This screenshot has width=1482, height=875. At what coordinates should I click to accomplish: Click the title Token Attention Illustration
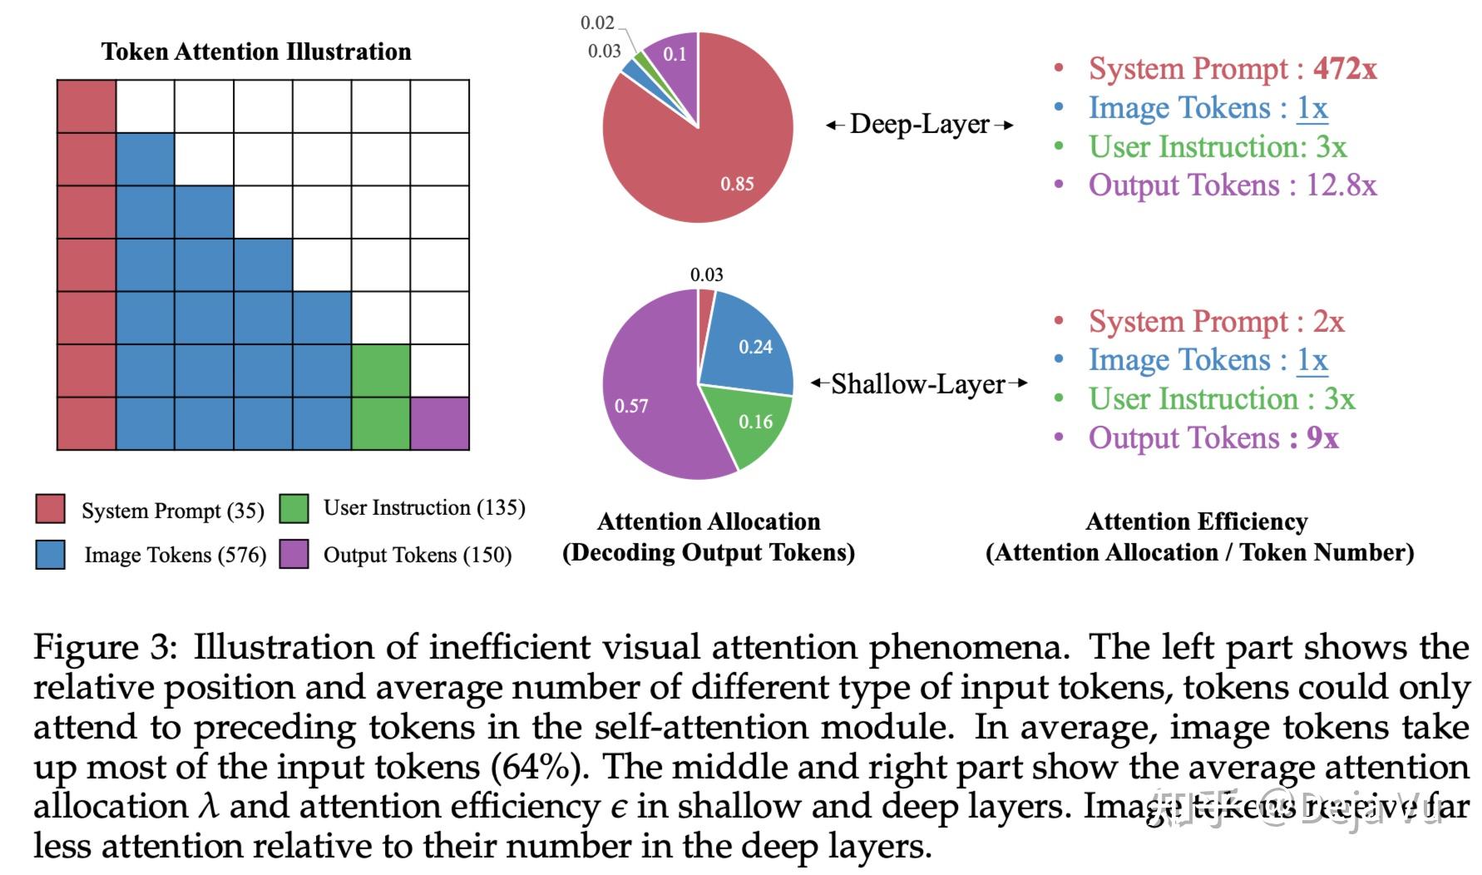256,52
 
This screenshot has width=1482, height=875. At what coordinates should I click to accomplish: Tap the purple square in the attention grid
440,423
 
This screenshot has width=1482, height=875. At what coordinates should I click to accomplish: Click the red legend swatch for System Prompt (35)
50,508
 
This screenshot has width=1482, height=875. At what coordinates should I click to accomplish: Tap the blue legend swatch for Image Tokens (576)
50,554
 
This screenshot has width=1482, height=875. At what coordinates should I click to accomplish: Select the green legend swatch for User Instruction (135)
294,508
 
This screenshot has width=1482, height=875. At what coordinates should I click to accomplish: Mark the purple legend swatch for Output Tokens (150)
294,554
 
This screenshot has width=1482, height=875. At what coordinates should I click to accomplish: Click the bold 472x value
1345,69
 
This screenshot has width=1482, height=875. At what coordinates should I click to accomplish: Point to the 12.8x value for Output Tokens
1341,185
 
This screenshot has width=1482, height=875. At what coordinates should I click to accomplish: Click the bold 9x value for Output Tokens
1322,438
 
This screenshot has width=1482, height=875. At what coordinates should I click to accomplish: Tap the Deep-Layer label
919,125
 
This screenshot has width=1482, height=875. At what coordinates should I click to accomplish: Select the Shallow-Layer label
918,384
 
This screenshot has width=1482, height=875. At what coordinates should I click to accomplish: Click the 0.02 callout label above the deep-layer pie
597,22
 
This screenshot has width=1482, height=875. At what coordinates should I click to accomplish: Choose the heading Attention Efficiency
1197,522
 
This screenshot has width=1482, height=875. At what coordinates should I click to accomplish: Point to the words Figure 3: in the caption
105,647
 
